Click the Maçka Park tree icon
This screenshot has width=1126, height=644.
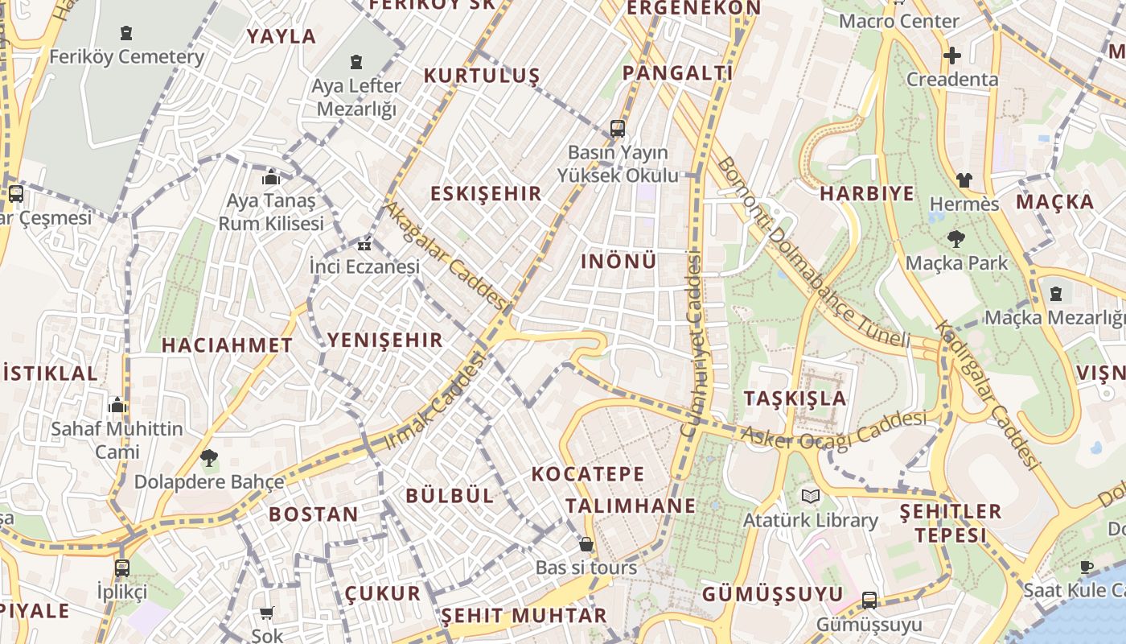point(956,238)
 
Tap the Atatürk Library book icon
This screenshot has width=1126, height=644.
point(810,496)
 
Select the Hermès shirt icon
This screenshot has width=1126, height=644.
point(964,180)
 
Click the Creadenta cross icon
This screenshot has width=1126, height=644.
point(952,56)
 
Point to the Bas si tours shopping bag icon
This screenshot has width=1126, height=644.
point(586,544)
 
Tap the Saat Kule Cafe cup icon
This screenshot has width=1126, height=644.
point(1086,566)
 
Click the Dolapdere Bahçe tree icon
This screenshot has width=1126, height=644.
point(209,458)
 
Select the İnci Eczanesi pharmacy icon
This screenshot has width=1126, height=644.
point(364,244)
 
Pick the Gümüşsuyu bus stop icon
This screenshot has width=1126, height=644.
point(869,600)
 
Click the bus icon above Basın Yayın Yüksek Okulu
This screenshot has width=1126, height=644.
point(617,128)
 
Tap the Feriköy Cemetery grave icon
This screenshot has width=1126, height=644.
point(126,33)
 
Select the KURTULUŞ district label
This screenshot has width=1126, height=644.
point(482,76)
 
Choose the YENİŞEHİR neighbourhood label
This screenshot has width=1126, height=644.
point(385,341)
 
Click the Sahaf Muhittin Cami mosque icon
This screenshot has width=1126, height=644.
point(117,405)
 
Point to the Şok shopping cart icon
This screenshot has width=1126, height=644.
point(267,613)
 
